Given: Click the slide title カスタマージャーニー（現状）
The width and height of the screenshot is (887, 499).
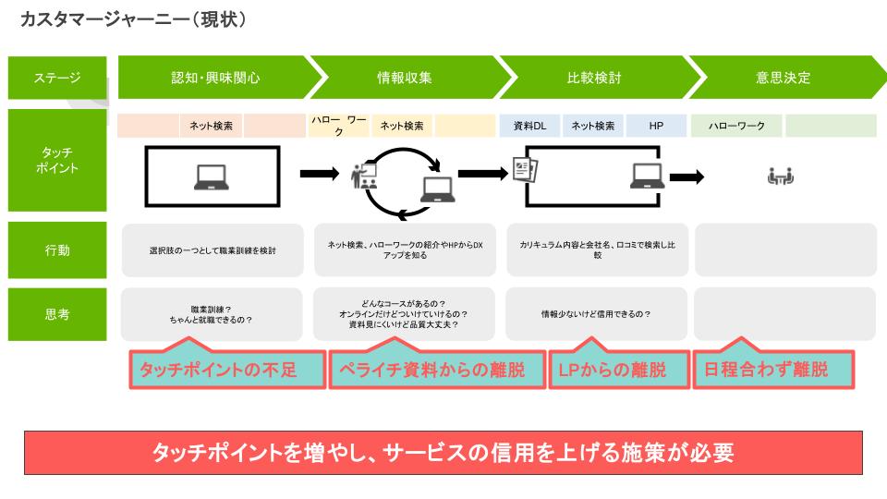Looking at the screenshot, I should click(x=133, y=19).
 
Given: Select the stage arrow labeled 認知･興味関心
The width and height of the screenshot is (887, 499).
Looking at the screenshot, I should click(x=215, y=78).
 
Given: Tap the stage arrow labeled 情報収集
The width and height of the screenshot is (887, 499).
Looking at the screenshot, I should click(x=405, y=78).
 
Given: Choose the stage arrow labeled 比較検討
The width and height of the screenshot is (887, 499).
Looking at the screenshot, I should click(x=593, y=78).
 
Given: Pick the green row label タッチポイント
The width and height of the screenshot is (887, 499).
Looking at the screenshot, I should click(x=58, y=160).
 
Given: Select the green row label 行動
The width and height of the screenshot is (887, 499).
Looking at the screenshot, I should click(x=58, y=249).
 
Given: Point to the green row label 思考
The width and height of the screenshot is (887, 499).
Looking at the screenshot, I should click(x=58, y=314).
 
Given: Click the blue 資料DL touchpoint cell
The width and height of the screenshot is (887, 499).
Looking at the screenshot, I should click(x=529, y=126).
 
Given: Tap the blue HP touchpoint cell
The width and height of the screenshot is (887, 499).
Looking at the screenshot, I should click(x=657, y=126).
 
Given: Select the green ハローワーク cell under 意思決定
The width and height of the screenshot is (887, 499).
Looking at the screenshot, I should click(x=736, y=126).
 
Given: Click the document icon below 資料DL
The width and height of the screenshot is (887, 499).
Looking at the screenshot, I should click(x=525, y=169).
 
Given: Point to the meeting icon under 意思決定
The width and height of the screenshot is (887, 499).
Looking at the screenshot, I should click(x=781, y=176).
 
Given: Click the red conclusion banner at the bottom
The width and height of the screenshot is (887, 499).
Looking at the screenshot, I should click(x=443, y=453).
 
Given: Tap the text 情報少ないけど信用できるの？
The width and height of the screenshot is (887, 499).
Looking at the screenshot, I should click(x=596, y=314).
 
